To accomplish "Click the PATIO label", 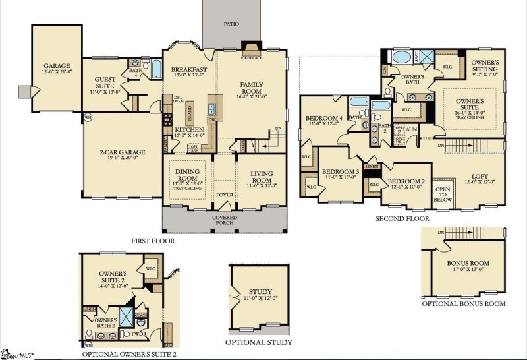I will coord(231,24).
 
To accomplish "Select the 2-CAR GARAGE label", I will coord(122,152).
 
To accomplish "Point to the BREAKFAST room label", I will coord(189,70).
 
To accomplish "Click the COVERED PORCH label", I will coord(225,220).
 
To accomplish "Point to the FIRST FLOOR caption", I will coord(152,241).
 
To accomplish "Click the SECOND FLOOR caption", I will coord(402,218).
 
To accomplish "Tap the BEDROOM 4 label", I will coord(324,119).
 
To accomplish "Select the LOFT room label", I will coord(479,177).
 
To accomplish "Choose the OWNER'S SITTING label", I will coord(485,66).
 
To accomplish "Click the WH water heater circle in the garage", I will coord(88,119).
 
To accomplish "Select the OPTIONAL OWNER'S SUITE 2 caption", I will coord(129,355).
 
